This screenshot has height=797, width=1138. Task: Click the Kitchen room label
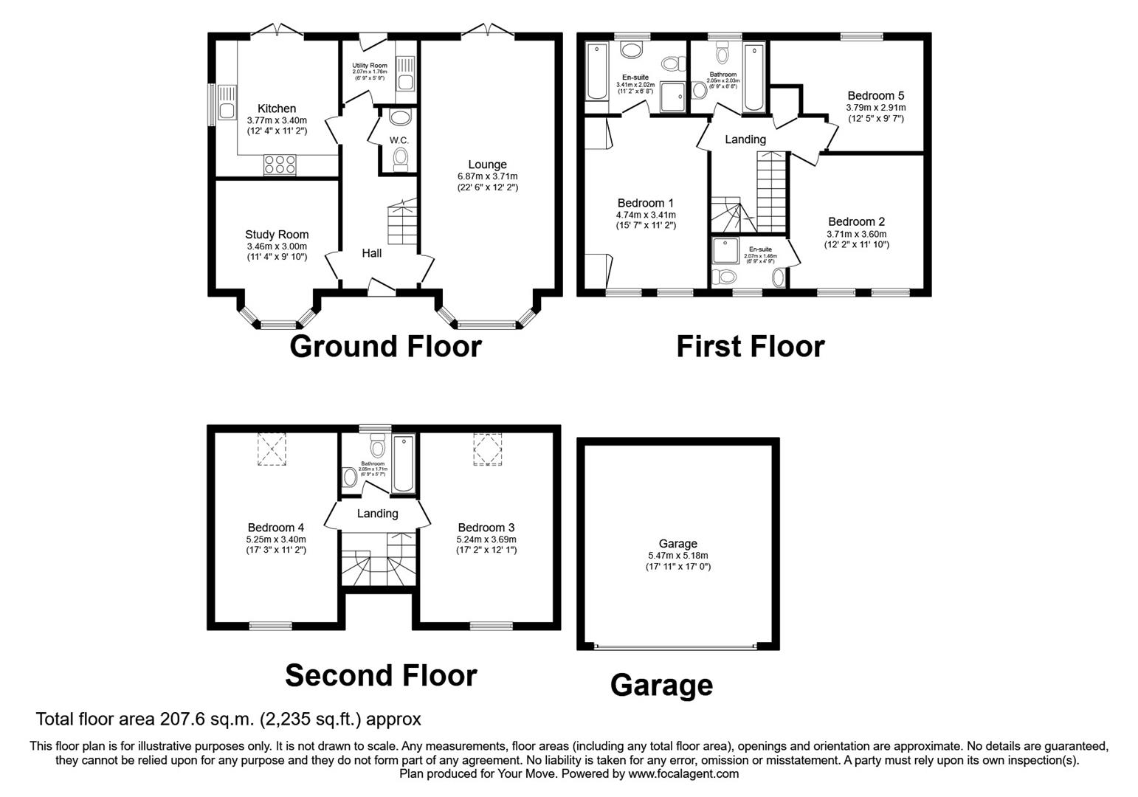[x=276, y=108]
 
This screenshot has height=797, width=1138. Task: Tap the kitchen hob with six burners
[x=280, y=165]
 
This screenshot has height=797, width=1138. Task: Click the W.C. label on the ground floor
[x=399, y=140]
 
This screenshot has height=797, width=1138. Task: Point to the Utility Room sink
[x=405, y=74]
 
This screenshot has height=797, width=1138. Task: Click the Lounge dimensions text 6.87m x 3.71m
[x=487, y=176]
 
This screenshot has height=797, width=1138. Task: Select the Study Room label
[x=277, y=235]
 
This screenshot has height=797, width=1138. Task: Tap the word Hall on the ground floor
[x=372, y=253]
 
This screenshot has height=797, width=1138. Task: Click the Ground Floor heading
[x=385, y=346]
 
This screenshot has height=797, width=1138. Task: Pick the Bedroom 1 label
[x=645, y=203]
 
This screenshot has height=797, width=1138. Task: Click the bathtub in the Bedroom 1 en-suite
[x=595, y=72]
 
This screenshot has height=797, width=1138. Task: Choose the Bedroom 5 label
[x=875, y=95]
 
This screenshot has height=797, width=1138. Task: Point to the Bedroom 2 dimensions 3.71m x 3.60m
[x=856, y=234]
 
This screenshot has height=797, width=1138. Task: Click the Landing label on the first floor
[x=745, y=139]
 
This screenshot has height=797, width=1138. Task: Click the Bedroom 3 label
[x=486, y=527]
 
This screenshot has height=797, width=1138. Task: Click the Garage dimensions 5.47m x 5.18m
[x=677, y=556]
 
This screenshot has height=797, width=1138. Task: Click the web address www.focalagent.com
[x=683, y=774]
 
